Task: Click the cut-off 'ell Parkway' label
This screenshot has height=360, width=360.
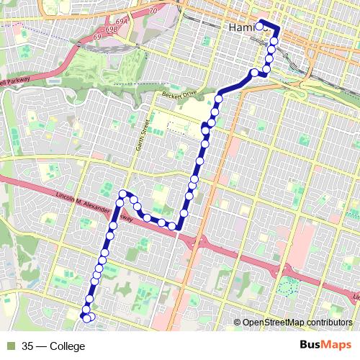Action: pos(12,81)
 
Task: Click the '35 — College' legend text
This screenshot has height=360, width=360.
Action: pos(53,346)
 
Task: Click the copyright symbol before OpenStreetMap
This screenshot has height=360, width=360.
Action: pos(238,322)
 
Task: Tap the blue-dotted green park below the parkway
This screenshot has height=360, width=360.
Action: pos(287,286)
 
